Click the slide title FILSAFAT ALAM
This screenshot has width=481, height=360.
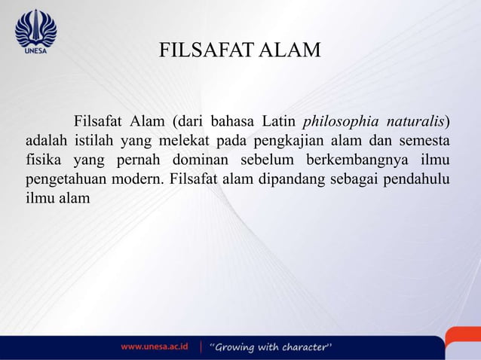pyautogui.click(x=240, y=50)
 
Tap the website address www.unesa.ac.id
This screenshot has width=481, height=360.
pyautogui.click(x=155, y=347)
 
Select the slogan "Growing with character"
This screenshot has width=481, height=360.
pyautogui.click(x=271, y=347)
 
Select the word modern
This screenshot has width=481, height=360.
pyautogui.click(x=139, y=180)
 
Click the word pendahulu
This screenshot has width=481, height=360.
pyautogui.click(x=418, y=180)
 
